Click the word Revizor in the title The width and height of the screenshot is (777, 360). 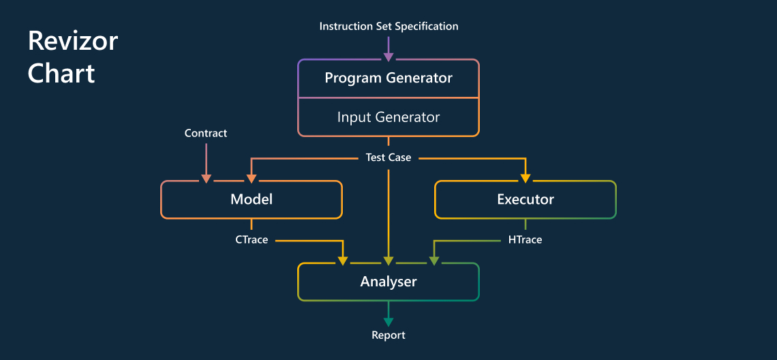pyautogui.click(x=73, y=42)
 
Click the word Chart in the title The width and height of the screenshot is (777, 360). pyautogui.click(x=61, y=73)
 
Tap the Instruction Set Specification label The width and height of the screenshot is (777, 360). pyautogui.click(x=388, y=27)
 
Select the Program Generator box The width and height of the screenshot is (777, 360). pyautogui.click(x=388, y=78)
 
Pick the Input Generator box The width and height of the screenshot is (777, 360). pyautogui.click(x=388, y=117)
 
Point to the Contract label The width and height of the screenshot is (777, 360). pyautogui.click(x=206, y=134)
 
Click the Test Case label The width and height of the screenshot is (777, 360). pyautogui.click(x=388, y=157)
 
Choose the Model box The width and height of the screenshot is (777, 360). pyautogui.click(x=252, y=200)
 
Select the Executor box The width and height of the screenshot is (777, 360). pyautogui.click(x=525, y=200)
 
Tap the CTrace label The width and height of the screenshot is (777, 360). pyautogui.click(x=252, y=240)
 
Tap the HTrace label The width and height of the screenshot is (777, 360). pyautogui.click(x=525, y=240)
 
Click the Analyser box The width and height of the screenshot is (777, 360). pyautogui.click(x=388, y=282)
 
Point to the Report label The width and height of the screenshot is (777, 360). pyautogui.click(x=388, y=335)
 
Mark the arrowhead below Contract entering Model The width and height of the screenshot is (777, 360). pyautogui.click(x=206, y=178)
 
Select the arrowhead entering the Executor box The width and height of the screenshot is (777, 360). pyautogui.click(x=525, y=178)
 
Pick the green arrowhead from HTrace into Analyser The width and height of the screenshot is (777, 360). pyautogui.click(x=434, y=260)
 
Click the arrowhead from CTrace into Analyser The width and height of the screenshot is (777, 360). pyautogui.click(x=343, y=260)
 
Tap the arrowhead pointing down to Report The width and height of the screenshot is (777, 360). pyautogui.click(x=388, y=320)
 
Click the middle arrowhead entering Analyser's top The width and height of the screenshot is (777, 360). pyautogui.click(x=388, y=260)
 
